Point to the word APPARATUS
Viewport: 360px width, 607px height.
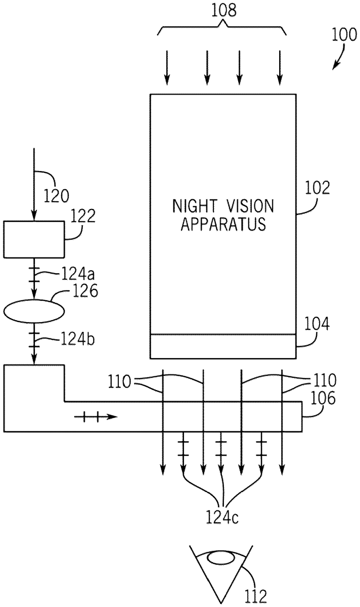coord(223,225)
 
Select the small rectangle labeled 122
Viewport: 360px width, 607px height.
coord(34,239)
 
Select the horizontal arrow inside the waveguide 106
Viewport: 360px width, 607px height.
coord(96,417)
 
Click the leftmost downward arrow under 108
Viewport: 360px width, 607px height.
coord(166,68)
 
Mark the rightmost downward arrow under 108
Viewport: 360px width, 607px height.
coord(280,68)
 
